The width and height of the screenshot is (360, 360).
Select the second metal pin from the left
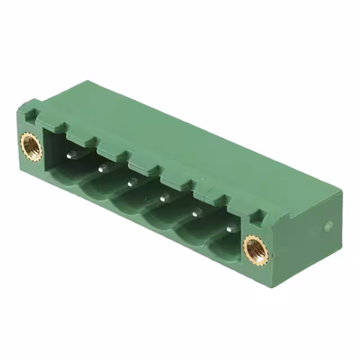point(103,168)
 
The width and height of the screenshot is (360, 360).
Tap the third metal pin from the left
point(132,182)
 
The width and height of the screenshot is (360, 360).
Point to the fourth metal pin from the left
point(164,197)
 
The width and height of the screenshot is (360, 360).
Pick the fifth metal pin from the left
point(197,213)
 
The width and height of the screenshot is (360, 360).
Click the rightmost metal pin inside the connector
point(231,228)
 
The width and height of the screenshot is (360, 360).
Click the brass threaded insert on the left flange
point(31,145)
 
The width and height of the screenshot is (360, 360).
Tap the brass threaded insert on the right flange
point(256,250)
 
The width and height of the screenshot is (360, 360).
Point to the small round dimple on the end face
point(328,226)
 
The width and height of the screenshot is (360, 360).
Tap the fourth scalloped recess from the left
point(163,220)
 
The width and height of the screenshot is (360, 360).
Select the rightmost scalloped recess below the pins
point(225,247)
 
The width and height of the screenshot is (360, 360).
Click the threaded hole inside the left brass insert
point(31,145)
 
